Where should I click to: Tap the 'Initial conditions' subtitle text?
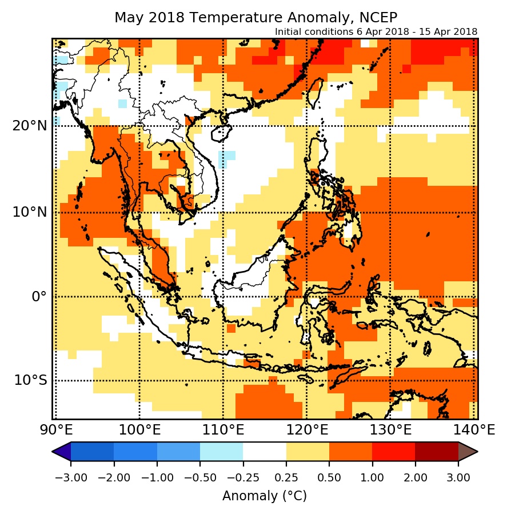pos(376,31)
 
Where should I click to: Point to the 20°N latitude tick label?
pos(30,126)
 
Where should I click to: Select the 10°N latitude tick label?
pos(30,212)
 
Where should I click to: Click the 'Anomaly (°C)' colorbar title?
pos(265,496)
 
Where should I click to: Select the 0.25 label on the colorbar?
pos(286,477)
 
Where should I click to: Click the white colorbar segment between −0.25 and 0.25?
pos(265,452)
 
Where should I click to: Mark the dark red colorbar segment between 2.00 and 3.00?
pos(437,452)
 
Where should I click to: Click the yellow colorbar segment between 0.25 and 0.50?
pos(308,452)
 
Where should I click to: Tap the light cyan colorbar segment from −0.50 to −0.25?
pos(222,452)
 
